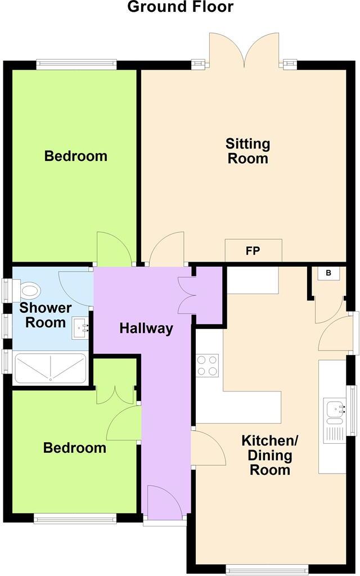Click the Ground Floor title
pyautogui.click(x=180, y=7)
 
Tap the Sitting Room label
pyautogui.click(x=247, y=151)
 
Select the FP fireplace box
pyautogui.click(x=253, y=251)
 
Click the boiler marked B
pyautogui.click(x=328, y=273)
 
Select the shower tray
pyautogui.click(x=50, y=368)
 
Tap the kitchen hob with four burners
pyautogui.click(x=207, y=364)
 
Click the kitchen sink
pyautogui.click(x=332, y=410)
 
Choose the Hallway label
pyautogui.click(x=146, y=328)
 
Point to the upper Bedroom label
pyautogui.click(x=76, y=156)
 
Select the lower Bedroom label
pyautogui.click(x=75, y=448)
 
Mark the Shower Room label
pyautogui.click(x=45, y=315)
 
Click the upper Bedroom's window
pyautogui.click(x=76, y=64)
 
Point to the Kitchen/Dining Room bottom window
pyautogui.click(x=267, y=570)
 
